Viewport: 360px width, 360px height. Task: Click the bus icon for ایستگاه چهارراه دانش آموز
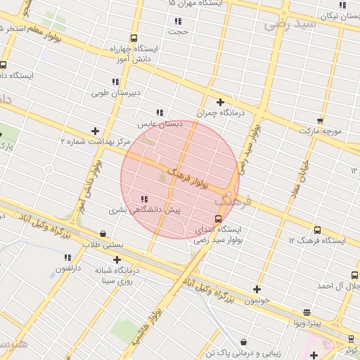134,39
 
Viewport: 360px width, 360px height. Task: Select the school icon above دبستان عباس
160,112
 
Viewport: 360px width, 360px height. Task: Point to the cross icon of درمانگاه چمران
220,102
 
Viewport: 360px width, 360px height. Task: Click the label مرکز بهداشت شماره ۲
96,141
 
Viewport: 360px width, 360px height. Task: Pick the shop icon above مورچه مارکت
320,121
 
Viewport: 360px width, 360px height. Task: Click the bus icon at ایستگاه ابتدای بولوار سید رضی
227,219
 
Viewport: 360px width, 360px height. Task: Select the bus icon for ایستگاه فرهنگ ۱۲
317,230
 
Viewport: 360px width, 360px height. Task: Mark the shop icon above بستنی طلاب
103,234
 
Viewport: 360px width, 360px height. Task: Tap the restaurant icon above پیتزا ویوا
307,312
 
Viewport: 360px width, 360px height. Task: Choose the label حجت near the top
178,32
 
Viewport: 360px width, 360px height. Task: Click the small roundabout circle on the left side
49,169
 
